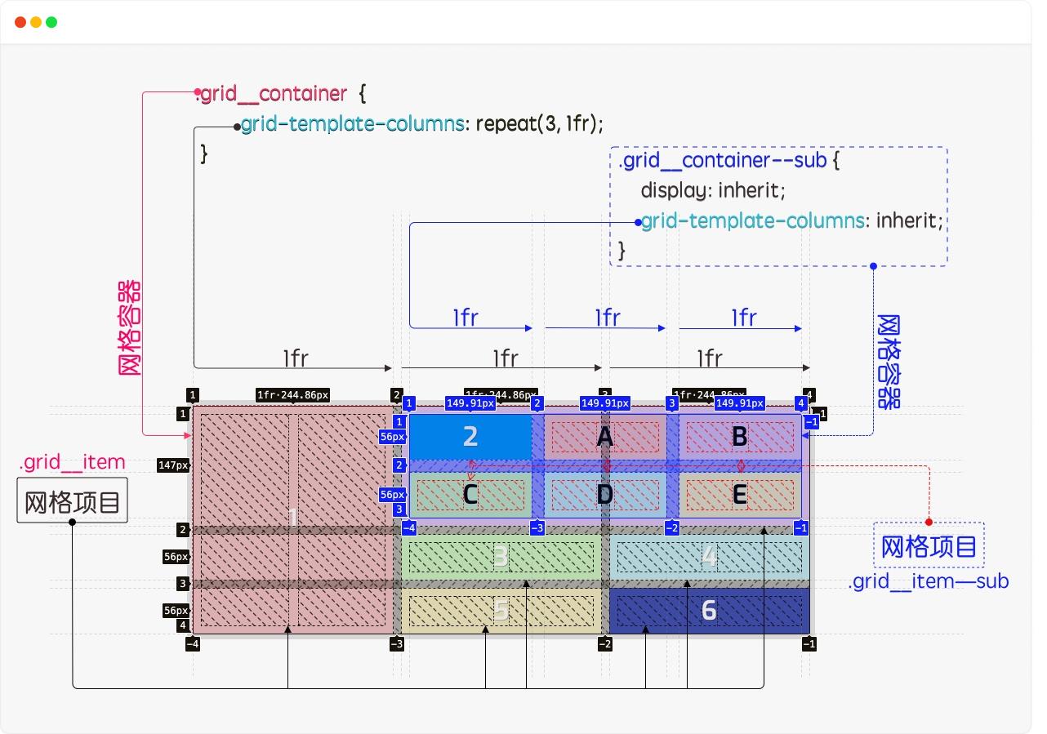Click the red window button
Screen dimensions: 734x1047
tap(20, 22)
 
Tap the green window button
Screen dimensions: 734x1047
tap(51, 22)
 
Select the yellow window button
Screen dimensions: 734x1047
tap(36, 22)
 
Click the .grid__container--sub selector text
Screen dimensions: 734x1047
tap(723, 160)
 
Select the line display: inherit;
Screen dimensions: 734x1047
tap(712, 190)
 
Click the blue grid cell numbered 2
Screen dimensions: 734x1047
tap(470, 437)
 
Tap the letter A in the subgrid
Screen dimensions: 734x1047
tap(604, 438)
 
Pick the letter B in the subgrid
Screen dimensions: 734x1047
tap(739, 437)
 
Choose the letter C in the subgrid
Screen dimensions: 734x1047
tap(470, 495)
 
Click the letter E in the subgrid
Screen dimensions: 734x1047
tap(739, 495)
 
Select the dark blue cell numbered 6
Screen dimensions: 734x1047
tap(709, 610)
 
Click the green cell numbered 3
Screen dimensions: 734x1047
tap(501, 557)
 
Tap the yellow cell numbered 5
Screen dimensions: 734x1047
tap(501, 610)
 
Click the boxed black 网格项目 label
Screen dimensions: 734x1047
tap(73, 500)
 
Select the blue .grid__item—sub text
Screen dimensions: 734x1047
tap(929, 581)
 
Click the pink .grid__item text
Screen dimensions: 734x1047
tap(72, 462)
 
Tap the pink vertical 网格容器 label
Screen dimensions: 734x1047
tap(131, 327)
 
